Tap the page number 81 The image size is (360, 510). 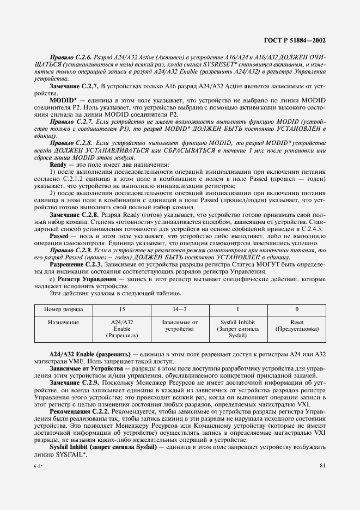pyautogui.click(x=323, y=465)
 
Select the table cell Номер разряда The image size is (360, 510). pyautogui.click(x=65, y=308)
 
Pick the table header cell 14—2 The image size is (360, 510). pyautogui.click(x=175, y=308)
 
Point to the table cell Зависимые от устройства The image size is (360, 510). pyautogui.click(x=175, y=326)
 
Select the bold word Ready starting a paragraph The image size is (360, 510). pyautogui.click(x=57, y=164)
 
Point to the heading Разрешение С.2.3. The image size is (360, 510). pyautogui.click(x=75, y=264)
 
